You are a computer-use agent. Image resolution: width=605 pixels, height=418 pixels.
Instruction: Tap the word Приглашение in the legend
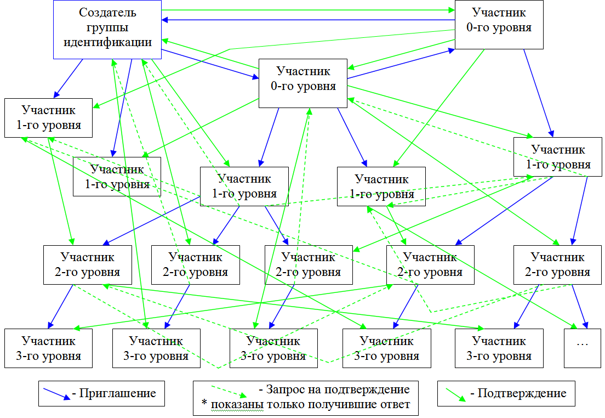[118, 393]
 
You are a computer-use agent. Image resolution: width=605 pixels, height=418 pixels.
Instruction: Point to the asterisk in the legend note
[204, 405]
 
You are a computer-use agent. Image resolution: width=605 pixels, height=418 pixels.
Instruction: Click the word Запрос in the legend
[284, 390]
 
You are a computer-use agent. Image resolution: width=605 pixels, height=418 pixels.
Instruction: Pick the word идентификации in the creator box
[107, 42]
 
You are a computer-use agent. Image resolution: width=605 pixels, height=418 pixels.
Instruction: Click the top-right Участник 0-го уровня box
[499, 26]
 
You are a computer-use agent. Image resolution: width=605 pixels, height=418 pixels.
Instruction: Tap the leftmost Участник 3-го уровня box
[48, 348]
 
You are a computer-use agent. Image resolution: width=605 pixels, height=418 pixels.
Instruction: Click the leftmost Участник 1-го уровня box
[48, 117]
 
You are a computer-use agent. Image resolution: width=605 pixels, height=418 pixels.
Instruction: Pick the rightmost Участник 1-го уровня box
[558, 156]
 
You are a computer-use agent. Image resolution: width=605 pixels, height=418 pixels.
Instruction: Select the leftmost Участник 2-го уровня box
[88, 264]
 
